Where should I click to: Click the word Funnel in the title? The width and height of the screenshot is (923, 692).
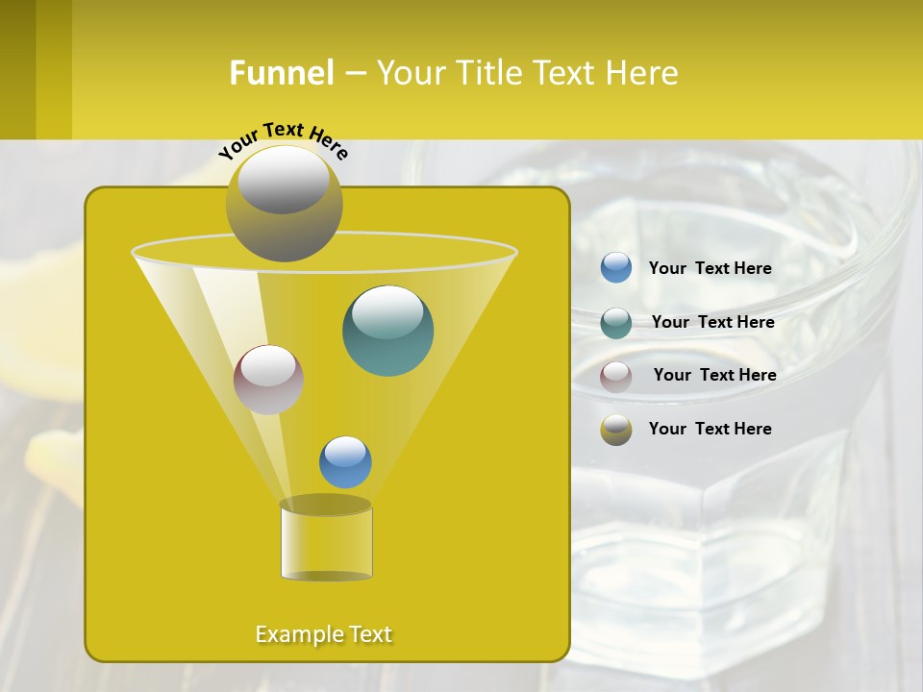282,73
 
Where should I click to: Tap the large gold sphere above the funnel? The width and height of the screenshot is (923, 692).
284,203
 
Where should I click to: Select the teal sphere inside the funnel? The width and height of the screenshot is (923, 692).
387,330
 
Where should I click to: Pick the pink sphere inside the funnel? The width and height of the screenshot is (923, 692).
268,380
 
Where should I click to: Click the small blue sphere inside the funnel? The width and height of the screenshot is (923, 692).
345,462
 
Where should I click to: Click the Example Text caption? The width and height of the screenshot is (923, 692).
324,634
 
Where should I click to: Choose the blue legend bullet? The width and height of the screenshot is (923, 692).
616,268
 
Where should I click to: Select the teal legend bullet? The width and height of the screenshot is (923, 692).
616,323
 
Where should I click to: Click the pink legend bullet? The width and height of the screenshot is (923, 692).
616,377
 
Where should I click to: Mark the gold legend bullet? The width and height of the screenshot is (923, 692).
616,430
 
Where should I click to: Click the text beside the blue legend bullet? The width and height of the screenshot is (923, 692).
710,268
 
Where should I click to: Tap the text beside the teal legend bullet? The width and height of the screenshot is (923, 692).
712,322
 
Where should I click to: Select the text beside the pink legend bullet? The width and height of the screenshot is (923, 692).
714,375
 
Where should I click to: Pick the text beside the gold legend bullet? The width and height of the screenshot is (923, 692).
710,429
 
